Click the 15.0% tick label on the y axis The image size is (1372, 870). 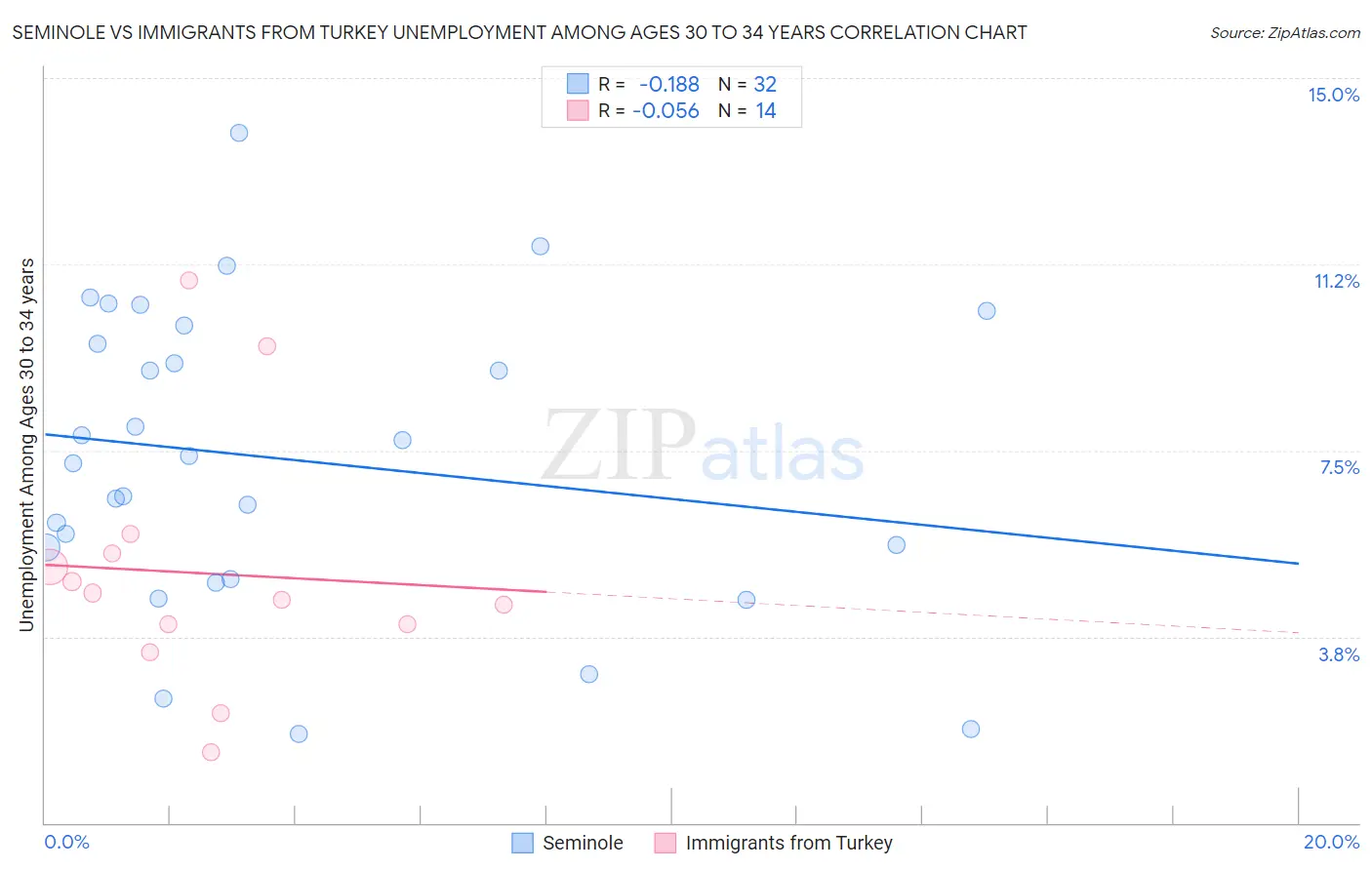pyautogui.click(x=1333, y=95)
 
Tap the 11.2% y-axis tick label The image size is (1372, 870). pyautogui.click(x=1336, y=281)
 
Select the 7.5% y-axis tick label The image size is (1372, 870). pyautogui.click(x=1339, y=467)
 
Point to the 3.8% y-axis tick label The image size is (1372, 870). pyautogui.click(x=1339, y=654)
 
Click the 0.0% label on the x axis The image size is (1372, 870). pyautogui.click(x=66, y=842)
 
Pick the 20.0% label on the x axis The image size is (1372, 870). pyautogui.click(x=1331, y=842)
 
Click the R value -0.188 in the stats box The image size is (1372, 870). pyautogui.click(x=668, y=85)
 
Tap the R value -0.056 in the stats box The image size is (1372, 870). pyautogui.click(x=666, y=111)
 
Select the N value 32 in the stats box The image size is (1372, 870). pyautogui.click(x=765, y=85)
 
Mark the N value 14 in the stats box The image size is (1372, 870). pyautogui.click(x=766, y=111)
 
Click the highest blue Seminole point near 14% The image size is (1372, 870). pyautogui.click(x=239, y=133)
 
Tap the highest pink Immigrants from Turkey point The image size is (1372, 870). pyautogui.click(x=189, y=280)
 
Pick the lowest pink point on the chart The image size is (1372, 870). pyautogui.click(x=211, y=752)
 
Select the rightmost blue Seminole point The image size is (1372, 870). pyautogui.click(x=987, y=311)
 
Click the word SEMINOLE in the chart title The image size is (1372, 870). pyautogui.click(x=60, y=32)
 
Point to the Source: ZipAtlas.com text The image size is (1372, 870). pyautogui.click(x=1284, y=32)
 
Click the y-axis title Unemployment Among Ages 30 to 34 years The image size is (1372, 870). pyautogui.click(x=27, y=444)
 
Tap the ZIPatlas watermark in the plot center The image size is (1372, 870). pyautogui.click(x=703, y=448)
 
